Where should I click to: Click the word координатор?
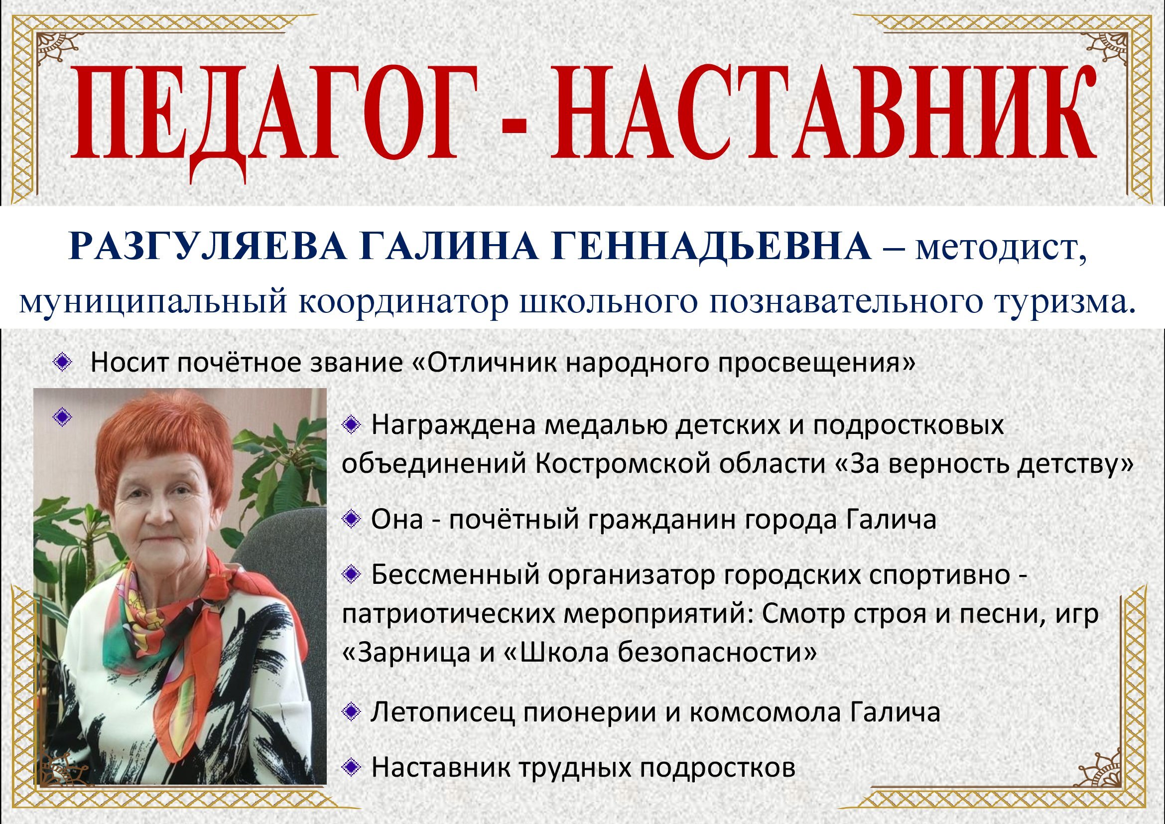tap(404, 303)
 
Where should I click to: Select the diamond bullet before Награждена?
tap(350, 425)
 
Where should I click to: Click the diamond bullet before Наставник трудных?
tap(350, 768)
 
